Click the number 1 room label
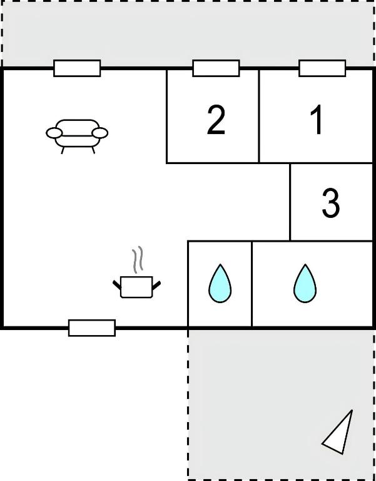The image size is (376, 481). (x=317, y=120)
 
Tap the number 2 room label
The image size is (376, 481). (x=216, y=120)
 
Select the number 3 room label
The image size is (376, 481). (x=331, y=203)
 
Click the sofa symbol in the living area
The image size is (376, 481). (x=77, y=136)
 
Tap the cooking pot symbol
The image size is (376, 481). (x=136, y=286)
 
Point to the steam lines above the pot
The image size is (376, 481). (x=138, y=259)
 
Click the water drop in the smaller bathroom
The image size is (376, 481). (x=220, y=283)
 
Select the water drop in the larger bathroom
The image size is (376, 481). (x=305, y=283)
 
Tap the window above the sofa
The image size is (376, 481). (x=77, y=68)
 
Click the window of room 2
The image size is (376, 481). (x=216, y=68)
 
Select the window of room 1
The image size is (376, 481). (x=322, y=68)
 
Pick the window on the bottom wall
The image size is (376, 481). (x=92, y=328)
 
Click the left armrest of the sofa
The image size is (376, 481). (x=54, y=133)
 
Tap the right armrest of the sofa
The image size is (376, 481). (x=100, y=133)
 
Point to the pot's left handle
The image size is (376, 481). (x=117, y=285)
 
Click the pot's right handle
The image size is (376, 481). (x=156, y=285)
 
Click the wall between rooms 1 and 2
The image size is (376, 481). (x=259, y=116)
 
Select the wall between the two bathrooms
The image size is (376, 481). (x=252, y=284)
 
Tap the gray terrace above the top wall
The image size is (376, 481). (x=188, y=34)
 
